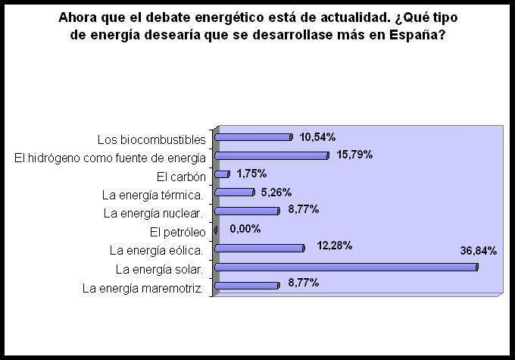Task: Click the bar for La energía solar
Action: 346,267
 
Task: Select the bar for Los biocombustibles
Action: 254,137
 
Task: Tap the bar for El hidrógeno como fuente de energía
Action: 272,155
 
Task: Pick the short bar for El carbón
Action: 222,174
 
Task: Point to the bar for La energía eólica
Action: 260,248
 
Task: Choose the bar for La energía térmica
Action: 235,193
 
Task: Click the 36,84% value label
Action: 478,251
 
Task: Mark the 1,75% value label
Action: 252,174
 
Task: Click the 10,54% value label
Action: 317,136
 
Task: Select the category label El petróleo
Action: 177,231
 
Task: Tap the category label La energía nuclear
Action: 154,213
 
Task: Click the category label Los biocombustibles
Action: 151,139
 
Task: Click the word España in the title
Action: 420,35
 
